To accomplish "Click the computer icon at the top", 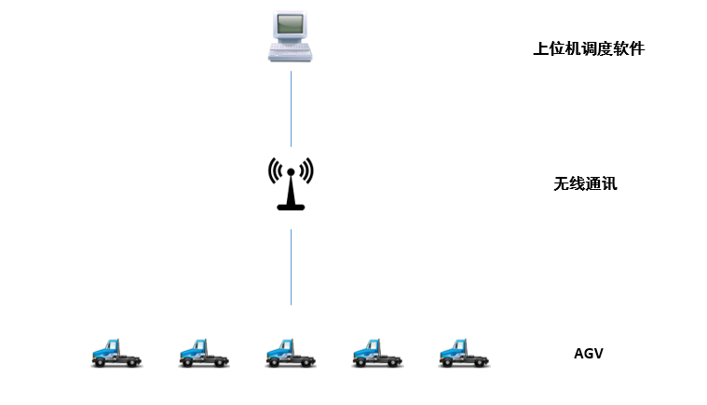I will [291, 35].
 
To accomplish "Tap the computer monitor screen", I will [291, 24].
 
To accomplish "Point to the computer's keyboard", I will [291, 53].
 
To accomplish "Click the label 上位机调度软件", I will [588, 49].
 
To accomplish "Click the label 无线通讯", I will [585, 183].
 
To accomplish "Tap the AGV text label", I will [589, 353].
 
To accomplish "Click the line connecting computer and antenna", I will [291, 107].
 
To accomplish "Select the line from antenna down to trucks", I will [291, 267].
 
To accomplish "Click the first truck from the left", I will [117, 352].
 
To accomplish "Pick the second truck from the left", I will [204, 352].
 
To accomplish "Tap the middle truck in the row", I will [292, 352].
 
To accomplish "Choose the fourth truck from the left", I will [378, 352].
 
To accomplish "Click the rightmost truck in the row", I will [465, 352].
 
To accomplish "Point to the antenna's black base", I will [291, 206].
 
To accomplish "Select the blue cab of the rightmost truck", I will [454, 348].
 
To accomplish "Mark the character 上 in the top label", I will [539, 49].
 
